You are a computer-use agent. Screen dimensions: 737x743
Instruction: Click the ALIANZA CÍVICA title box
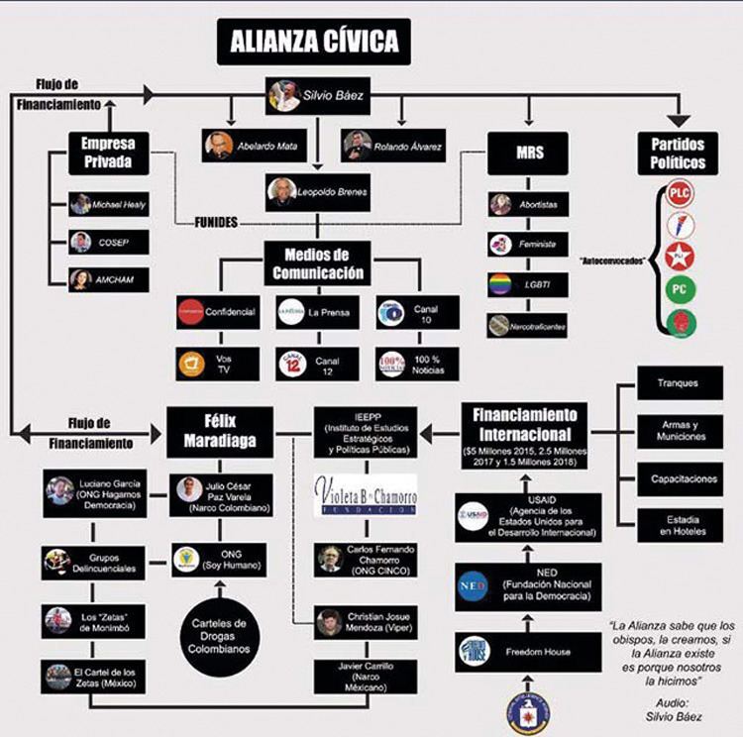[315, 42]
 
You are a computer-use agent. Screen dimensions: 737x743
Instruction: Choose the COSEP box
[108, 242]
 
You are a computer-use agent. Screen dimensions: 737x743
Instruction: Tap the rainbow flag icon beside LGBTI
[501, 283]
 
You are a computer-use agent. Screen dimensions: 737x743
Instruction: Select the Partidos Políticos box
[679, 152]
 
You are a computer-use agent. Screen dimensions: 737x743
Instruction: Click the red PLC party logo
[680, 193]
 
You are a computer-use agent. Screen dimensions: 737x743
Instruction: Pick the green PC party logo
[680, 290]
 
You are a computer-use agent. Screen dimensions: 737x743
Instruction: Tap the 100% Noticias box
[416, 364]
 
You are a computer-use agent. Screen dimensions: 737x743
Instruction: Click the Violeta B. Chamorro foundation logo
[366, 495]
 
